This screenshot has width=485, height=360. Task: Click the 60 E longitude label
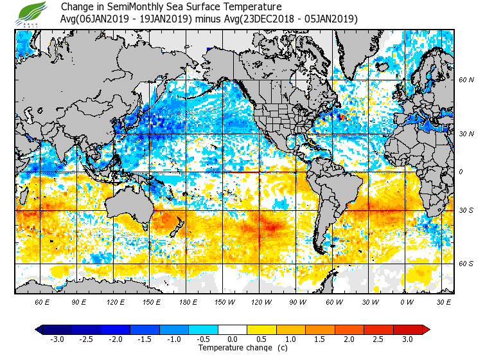tap(43, 301)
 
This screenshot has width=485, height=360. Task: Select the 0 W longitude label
tap(406, 301)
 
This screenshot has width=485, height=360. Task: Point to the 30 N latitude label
tap(466, 134)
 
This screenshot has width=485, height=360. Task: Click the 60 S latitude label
tap(466, 264)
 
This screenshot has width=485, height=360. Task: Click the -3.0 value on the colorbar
tap(57, 339)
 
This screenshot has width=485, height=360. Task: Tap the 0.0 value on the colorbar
tap(233, 339)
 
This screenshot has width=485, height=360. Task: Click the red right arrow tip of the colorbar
tap(426, 329)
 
